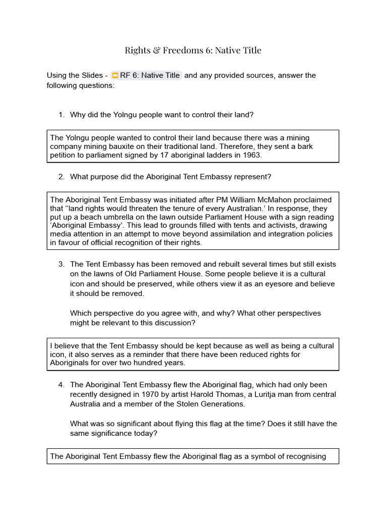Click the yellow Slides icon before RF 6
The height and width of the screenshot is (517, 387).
114,76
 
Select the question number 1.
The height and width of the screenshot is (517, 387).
61,115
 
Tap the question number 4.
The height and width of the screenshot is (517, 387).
61,385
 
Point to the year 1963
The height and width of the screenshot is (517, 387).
250,155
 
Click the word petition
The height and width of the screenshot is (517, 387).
63,155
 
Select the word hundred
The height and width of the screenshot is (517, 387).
158,363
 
